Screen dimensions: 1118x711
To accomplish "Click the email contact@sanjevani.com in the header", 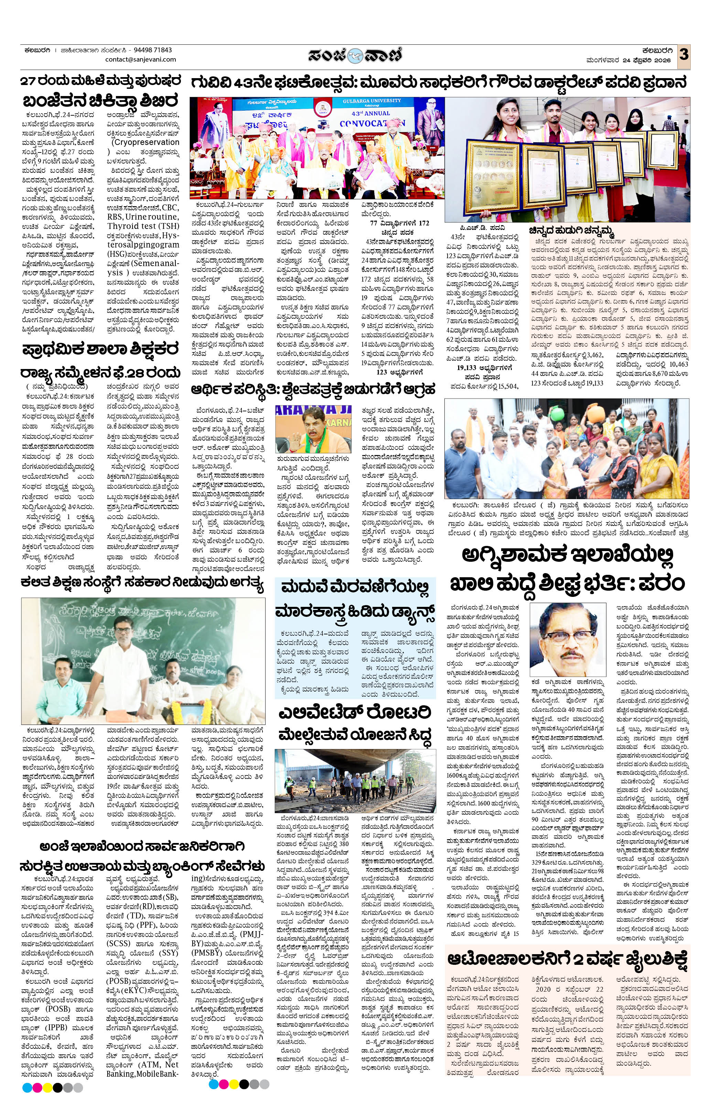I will (141, 60).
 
